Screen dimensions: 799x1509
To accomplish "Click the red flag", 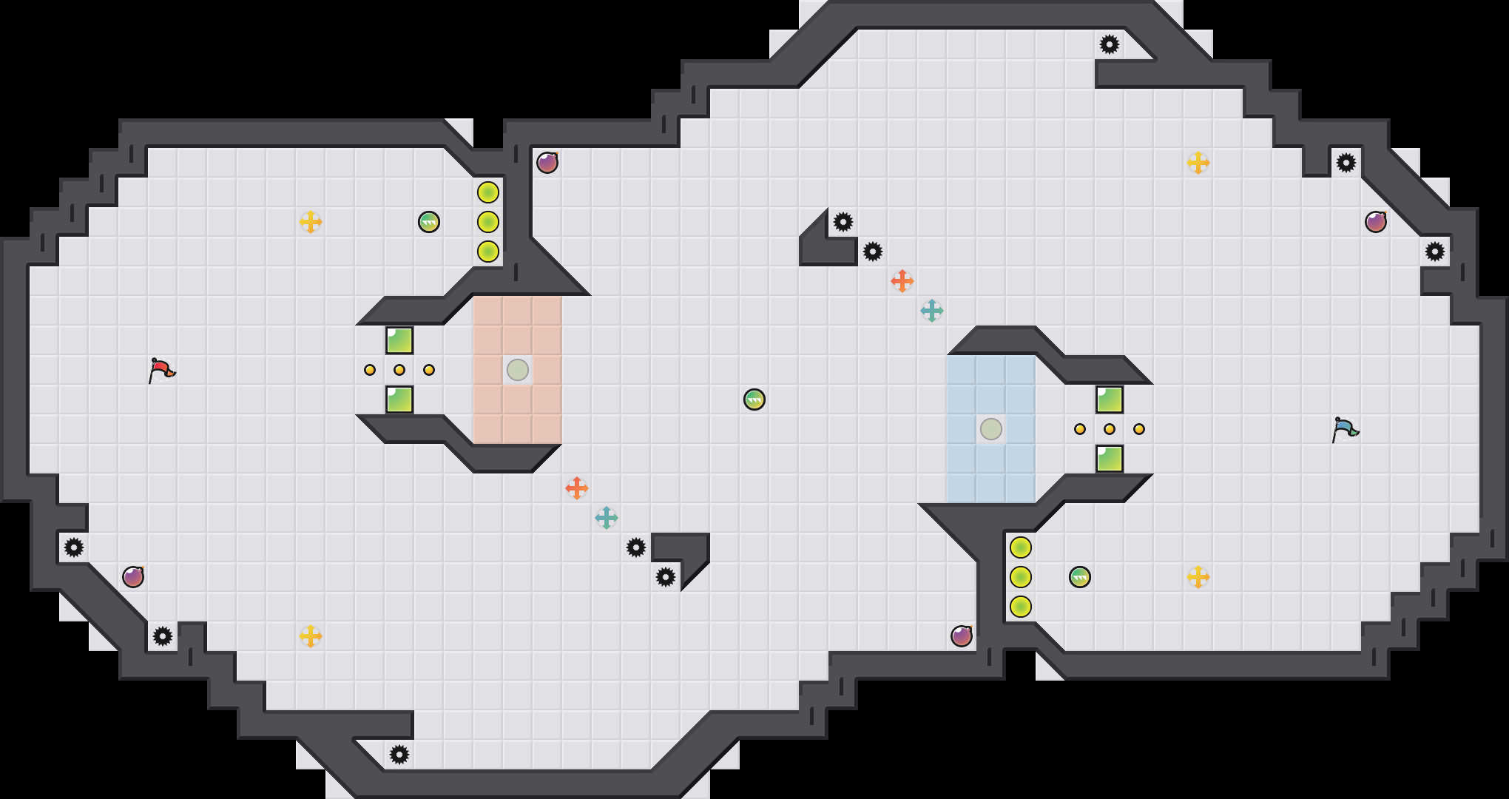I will pyautogui.click(x=161, y=369).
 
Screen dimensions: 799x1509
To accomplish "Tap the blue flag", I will pyautogui.click(x=1344, y=428).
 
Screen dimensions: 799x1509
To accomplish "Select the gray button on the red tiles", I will pyautogui.click(x=518, y=369).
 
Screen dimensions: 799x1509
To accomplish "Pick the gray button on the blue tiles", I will pyautogui.click(x=991, y=428).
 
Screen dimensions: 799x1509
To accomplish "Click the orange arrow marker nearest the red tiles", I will pyautogui.click(x=577, y=488).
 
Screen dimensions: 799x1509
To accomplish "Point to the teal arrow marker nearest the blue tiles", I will pyautogui.click(x=932, y=311).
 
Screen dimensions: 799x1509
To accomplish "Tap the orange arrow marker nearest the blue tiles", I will pyautogui.click(x=902, y=281).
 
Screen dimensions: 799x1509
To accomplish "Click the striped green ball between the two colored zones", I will pyautogui.click(x=754, y=399).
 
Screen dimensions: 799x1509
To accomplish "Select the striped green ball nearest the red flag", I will pyautogui.click(x=429, y=222).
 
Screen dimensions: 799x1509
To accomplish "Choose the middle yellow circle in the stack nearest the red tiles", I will pyautogui.click(x=488, y=222).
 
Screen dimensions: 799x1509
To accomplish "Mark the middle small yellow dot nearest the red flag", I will pyautogui.click(x=399, y=370).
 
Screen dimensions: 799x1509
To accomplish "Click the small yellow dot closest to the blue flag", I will pyautogui.click(x=1139, y=429).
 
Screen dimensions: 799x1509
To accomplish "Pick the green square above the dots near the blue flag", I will pyautogui.click(x=1110, y=399).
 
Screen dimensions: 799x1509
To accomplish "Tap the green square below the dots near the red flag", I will pyautogui.click(x=399, y=399).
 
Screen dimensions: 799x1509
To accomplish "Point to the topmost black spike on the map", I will pyautogui.click(x=1110, y=44).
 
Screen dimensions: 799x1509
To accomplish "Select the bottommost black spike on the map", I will pyautogui.click(x=399, y=755).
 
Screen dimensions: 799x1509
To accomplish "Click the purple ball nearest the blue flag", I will pyautogui.click(x=1376, y=222).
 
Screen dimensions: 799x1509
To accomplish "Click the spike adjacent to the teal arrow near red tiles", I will pyautogui.click(x=636, y=547).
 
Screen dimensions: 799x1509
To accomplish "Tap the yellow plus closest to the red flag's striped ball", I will pyautogui.click(x=311, y=222).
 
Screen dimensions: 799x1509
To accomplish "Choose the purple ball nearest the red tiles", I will pyautogui.click(x=547, y=163).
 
